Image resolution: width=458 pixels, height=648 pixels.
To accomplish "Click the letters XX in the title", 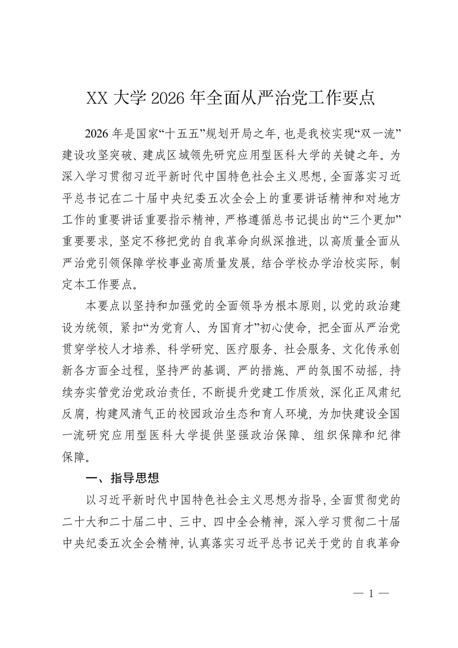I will (x=97, y=98).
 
